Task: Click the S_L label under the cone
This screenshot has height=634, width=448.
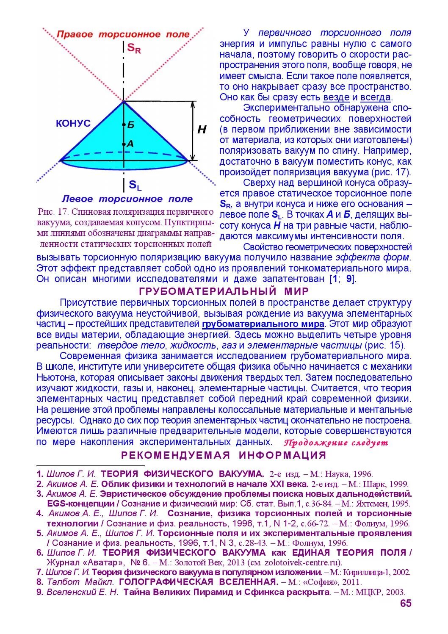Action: click(x=135, y=185)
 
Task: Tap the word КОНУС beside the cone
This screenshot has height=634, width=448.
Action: click(x=73, y=123)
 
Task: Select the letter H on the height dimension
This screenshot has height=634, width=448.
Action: click(x=202, y=130)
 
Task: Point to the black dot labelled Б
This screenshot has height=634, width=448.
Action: click(x=124, y=125)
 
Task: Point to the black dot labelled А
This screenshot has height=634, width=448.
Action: click(x=124, y=144)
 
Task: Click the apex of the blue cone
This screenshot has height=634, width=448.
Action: click(x=123, y=101)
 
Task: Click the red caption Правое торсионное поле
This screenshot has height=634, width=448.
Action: click(x=123, y=34)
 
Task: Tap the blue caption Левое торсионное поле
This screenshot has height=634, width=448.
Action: click(x=127, y=199)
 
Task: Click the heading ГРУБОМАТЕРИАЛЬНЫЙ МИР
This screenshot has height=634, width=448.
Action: click(x=224, y=291)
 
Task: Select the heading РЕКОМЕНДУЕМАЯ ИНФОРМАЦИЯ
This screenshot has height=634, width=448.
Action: click(x=224, y=455)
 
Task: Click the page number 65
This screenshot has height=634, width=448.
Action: click(x=405, y=603)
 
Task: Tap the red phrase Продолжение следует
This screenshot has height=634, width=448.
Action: click(x=336, y=443)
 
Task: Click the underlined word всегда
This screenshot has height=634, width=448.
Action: click(x=375, y=97)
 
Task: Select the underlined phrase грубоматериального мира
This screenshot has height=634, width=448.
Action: click(x=263, y=324)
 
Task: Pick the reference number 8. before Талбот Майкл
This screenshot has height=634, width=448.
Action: click(x=40, y=581)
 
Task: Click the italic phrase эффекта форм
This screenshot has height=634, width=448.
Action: click(x=373, y=257)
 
